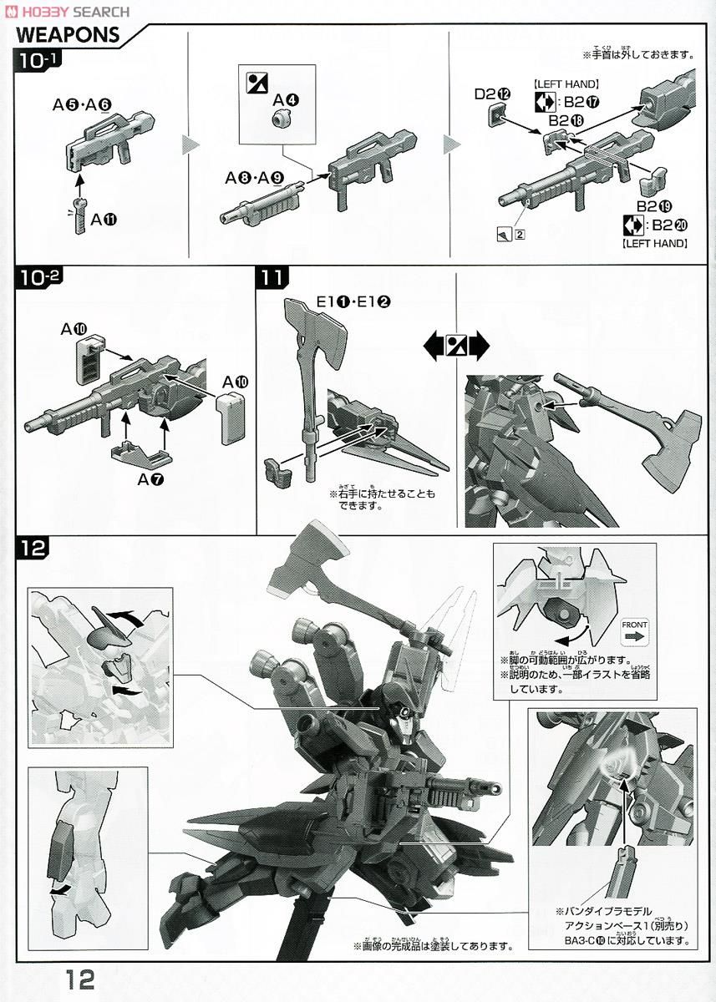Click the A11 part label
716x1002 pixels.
[104, 220]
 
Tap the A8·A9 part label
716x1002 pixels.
[253, 177]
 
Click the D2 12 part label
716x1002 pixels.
[492, 94]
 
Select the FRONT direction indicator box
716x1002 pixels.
[634, 631]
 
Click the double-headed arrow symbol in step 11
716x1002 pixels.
[456, 344]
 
